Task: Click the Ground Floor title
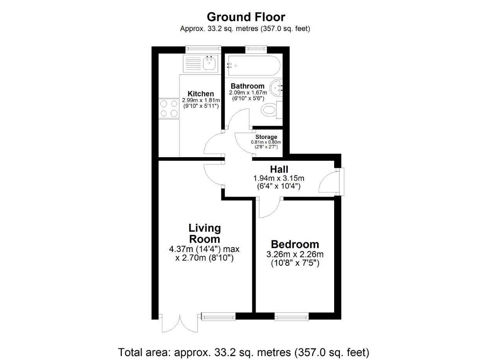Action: coord(246,17)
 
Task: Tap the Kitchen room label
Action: coord(201,94)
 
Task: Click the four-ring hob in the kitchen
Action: coord(169,108)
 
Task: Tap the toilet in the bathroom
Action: coord(269,110)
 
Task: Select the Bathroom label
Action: coord(247,86)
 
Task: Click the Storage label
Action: coord(266,137)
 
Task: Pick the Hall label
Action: coord(279,169)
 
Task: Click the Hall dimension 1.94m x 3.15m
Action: coord(279,178)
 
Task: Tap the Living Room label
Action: coord(205,233)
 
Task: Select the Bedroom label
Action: coord(295,244)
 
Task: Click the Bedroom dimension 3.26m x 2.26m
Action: coord(295,254)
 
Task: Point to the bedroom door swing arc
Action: coord(271,209)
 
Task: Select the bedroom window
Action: coord(292,316)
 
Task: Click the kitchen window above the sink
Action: coord(203,49)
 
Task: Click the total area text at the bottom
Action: coord(244,352)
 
